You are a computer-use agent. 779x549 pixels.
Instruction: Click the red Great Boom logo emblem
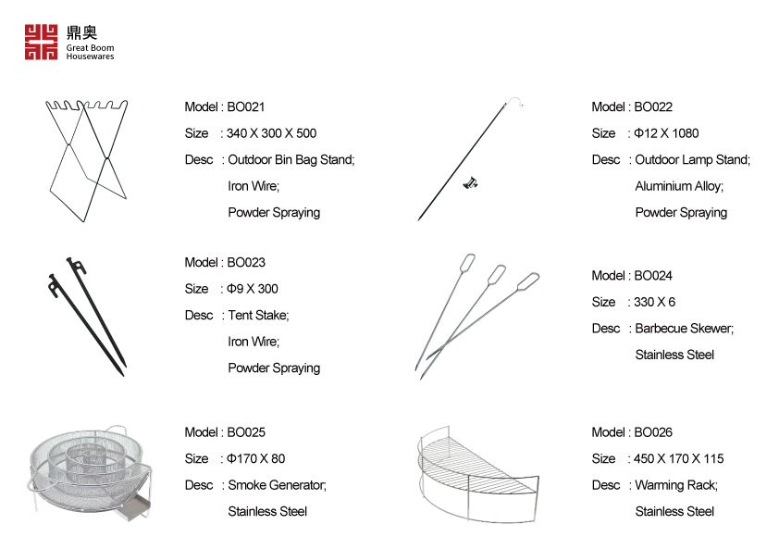tap(41, 42)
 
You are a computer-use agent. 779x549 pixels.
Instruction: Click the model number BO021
tap(246, 107)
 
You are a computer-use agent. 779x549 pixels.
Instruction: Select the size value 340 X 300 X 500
tap(272, 133)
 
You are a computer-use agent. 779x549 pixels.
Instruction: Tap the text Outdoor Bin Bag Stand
tap(291, 160)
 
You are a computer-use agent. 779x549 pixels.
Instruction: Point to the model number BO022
tap(653, 107)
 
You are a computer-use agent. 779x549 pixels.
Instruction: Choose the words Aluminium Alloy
tap(679, 186)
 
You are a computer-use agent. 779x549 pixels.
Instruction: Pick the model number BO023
tap(246, 263)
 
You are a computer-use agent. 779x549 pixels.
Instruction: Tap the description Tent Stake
tap(258, 316)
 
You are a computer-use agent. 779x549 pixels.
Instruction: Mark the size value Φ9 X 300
tap(253, 289)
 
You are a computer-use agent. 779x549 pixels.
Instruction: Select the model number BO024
tap(653, 276)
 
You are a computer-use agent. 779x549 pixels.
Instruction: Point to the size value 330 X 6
tap(655, 302)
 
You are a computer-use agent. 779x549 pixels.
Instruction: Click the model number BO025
tap(246, 432)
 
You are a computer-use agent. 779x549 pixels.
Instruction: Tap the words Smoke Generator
tap(277, 485)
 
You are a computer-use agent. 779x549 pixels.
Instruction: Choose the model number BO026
tap(653, 432)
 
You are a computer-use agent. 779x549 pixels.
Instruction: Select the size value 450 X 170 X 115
tap(679, 459)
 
